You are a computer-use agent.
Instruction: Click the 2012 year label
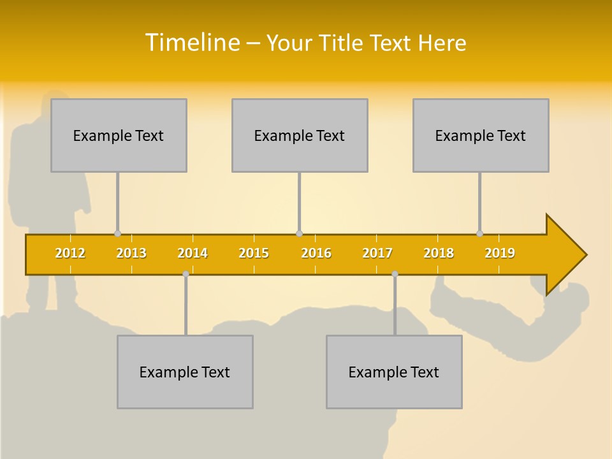click(x=70, y=253)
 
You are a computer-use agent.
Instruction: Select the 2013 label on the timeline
click(x=131, y=253)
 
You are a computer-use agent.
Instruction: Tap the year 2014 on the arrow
click(x=193, y=253)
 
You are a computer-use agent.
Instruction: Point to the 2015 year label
click(x=254, y=253)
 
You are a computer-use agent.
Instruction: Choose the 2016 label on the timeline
click(x=316, y=253)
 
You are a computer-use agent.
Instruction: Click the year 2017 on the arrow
click(x=377, y=253)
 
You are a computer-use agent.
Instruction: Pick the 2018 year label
click(x=439, y=253)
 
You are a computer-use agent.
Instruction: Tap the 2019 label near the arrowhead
click(x=500, y=253)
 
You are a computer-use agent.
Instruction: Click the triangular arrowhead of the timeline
click(x=565, y=255)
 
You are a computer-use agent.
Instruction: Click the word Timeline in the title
click(x=191, y=43)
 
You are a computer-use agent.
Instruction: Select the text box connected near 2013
click(x=119, y=135)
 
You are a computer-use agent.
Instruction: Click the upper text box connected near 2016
click(x=300, y=135)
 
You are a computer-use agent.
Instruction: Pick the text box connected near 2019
click(x=481, y=135)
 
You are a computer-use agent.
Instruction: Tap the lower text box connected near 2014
click(x=185, y=372)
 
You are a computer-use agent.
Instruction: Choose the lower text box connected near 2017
click(x=394, y=372)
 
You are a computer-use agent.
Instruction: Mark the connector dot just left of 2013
click(x=117, y=233)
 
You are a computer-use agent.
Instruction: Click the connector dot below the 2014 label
click(x=186, y=274)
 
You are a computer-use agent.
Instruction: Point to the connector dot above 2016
click(x=299, y=233)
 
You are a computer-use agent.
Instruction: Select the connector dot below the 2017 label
click(x=395, y=274)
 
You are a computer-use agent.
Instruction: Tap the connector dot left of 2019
click(x=479, y=233)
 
